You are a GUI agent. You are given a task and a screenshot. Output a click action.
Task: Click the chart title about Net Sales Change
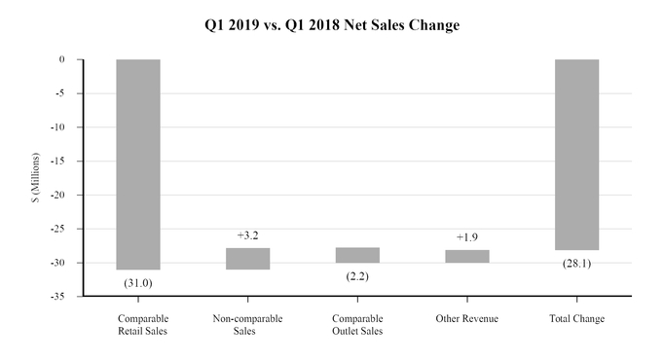tap(332, 26)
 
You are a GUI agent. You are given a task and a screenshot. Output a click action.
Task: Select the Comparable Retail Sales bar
tap(138, 163)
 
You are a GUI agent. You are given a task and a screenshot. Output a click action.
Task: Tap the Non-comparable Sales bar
tap(247, 258)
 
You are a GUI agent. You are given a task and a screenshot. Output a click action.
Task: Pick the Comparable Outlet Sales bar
tap(357, 255)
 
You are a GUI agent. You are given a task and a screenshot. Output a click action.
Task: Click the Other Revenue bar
tap(467, 257)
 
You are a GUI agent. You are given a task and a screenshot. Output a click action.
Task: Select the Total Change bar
tap(577, 154)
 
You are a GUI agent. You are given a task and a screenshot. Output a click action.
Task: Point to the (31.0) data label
tap(138, 282)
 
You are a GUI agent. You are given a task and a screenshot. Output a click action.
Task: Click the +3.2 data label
tap(247, 235)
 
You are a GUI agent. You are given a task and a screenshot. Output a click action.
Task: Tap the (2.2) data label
tap(357, 276)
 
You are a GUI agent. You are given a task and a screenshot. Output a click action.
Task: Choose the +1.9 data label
tap(467, 237)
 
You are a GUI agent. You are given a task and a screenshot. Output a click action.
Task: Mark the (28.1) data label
tap(577, 263)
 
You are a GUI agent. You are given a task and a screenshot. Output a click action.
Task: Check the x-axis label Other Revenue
tap(467, 319)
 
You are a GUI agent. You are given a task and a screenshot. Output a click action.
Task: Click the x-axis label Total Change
tap(577, 319)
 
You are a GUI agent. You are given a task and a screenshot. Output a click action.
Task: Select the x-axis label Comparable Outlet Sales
tap(357, 325)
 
